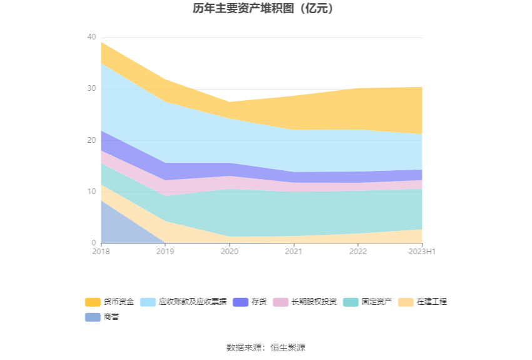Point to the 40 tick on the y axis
point(91,38)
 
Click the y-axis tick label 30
point(91,89)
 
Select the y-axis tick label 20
point(91,140)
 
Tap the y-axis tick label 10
point(91,192)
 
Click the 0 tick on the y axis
point(94,243)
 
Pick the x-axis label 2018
point(101,252)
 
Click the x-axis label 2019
point(165,252)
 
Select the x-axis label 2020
point(230,252)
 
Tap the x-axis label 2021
point(294,252)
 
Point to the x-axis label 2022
point(358,252)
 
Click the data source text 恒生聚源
point(287,347)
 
